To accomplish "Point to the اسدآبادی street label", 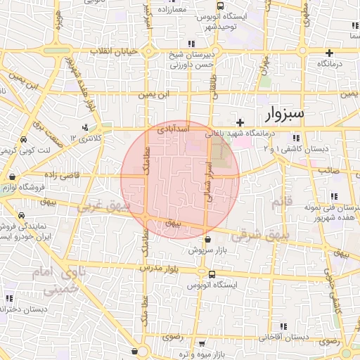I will pyautogui.click(x=172, y=129).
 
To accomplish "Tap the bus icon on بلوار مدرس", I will pyautogui.click(x=202, y=274).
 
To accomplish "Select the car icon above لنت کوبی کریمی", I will pyautogui.click(x=24, y=139).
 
